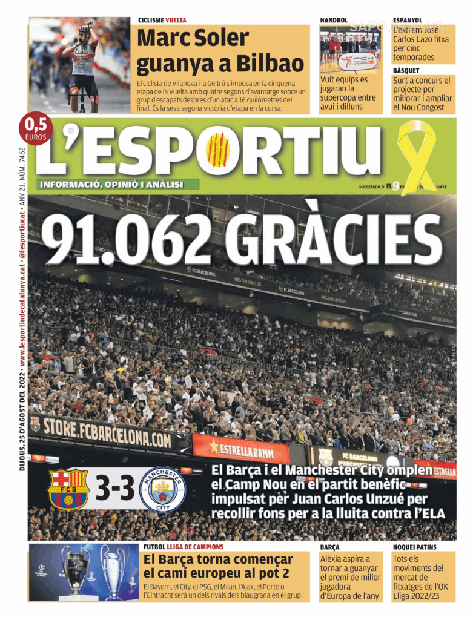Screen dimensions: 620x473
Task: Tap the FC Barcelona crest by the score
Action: [68, 489]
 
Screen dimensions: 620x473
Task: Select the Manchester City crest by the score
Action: [162, 489]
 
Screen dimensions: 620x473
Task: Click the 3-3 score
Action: [115, 490]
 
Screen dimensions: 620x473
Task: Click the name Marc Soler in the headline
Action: [193, 39]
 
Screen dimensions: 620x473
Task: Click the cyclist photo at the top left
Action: [80, 65]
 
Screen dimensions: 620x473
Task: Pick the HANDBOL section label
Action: [334, 21]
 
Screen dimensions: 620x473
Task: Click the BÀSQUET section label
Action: [407, 71]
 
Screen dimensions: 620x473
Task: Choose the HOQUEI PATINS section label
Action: [414, 547]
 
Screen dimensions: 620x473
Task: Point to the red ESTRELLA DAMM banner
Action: [241, 449]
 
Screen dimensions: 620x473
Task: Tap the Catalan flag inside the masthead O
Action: [219, 150]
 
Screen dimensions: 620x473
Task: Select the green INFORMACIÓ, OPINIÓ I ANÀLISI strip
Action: [112, 184]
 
